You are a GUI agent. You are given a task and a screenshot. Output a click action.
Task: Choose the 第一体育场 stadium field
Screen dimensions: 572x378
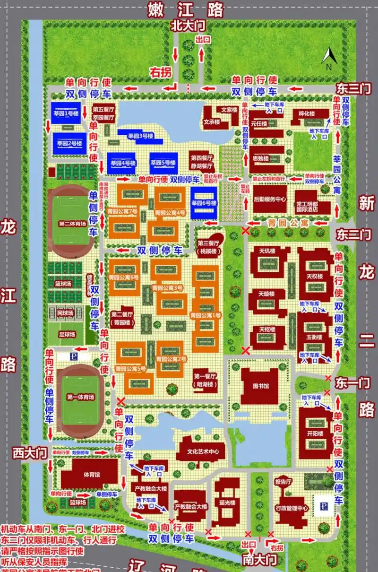click(x=80, y=397)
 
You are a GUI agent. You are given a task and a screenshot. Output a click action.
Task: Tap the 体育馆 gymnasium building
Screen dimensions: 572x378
click(x=89, y=474)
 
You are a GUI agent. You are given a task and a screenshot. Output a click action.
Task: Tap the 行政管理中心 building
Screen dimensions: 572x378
click(x=292, y=508)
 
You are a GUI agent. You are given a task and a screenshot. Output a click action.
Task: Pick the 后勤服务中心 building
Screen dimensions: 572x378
click(x=269, y=199)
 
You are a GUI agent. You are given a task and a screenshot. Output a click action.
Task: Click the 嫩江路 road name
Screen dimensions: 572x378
click(x=186, y=9)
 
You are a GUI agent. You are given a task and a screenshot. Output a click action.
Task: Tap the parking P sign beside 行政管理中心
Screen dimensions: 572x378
click(x=325, y=505)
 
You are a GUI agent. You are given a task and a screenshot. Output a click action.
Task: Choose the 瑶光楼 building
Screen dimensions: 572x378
click(x=229, y=503)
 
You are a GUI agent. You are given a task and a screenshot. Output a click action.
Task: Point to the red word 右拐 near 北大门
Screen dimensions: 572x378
click(x=160, y=72)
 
